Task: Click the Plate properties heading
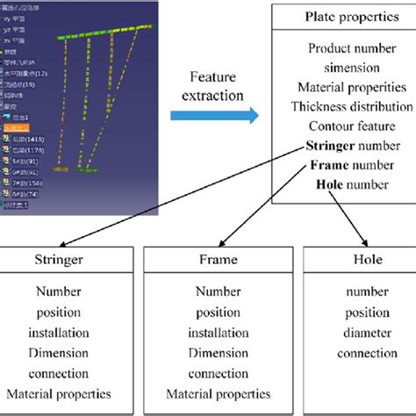click(x=344, y=17)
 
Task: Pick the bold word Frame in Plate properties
click(x=326, y=164)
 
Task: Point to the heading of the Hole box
click(x=354, y=260)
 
